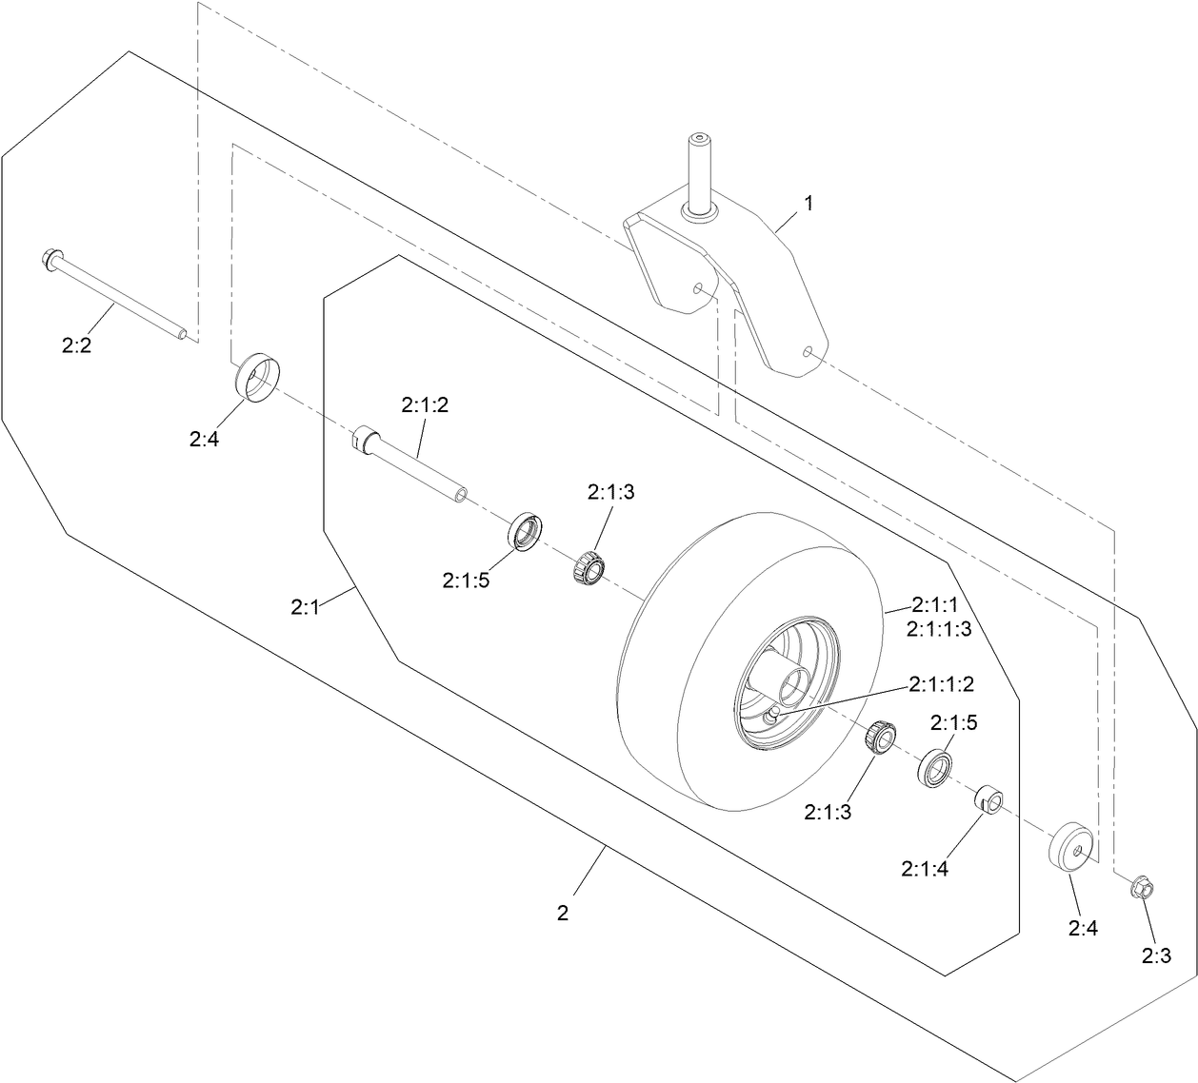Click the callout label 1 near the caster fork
point(809,203)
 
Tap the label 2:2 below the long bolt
point(76,346)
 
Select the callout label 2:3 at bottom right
point(1156,956)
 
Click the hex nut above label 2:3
point(1142,888)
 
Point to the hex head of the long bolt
point(51,259)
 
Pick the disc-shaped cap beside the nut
point(1072,844)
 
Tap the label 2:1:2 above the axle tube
point(425,404)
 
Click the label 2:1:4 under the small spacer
point(924,868)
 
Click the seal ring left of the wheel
point(525,531)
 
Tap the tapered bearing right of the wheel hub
point(882,736)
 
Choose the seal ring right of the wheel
point(937,766)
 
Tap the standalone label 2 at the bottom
point(563,914)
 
